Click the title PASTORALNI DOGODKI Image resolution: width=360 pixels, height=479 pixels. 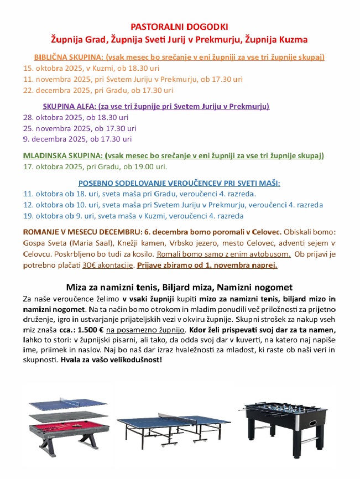[179, 26]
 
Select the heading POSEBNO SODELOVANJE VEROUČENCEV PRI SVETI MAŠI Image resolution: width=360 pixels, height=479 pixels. [179, 183]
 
